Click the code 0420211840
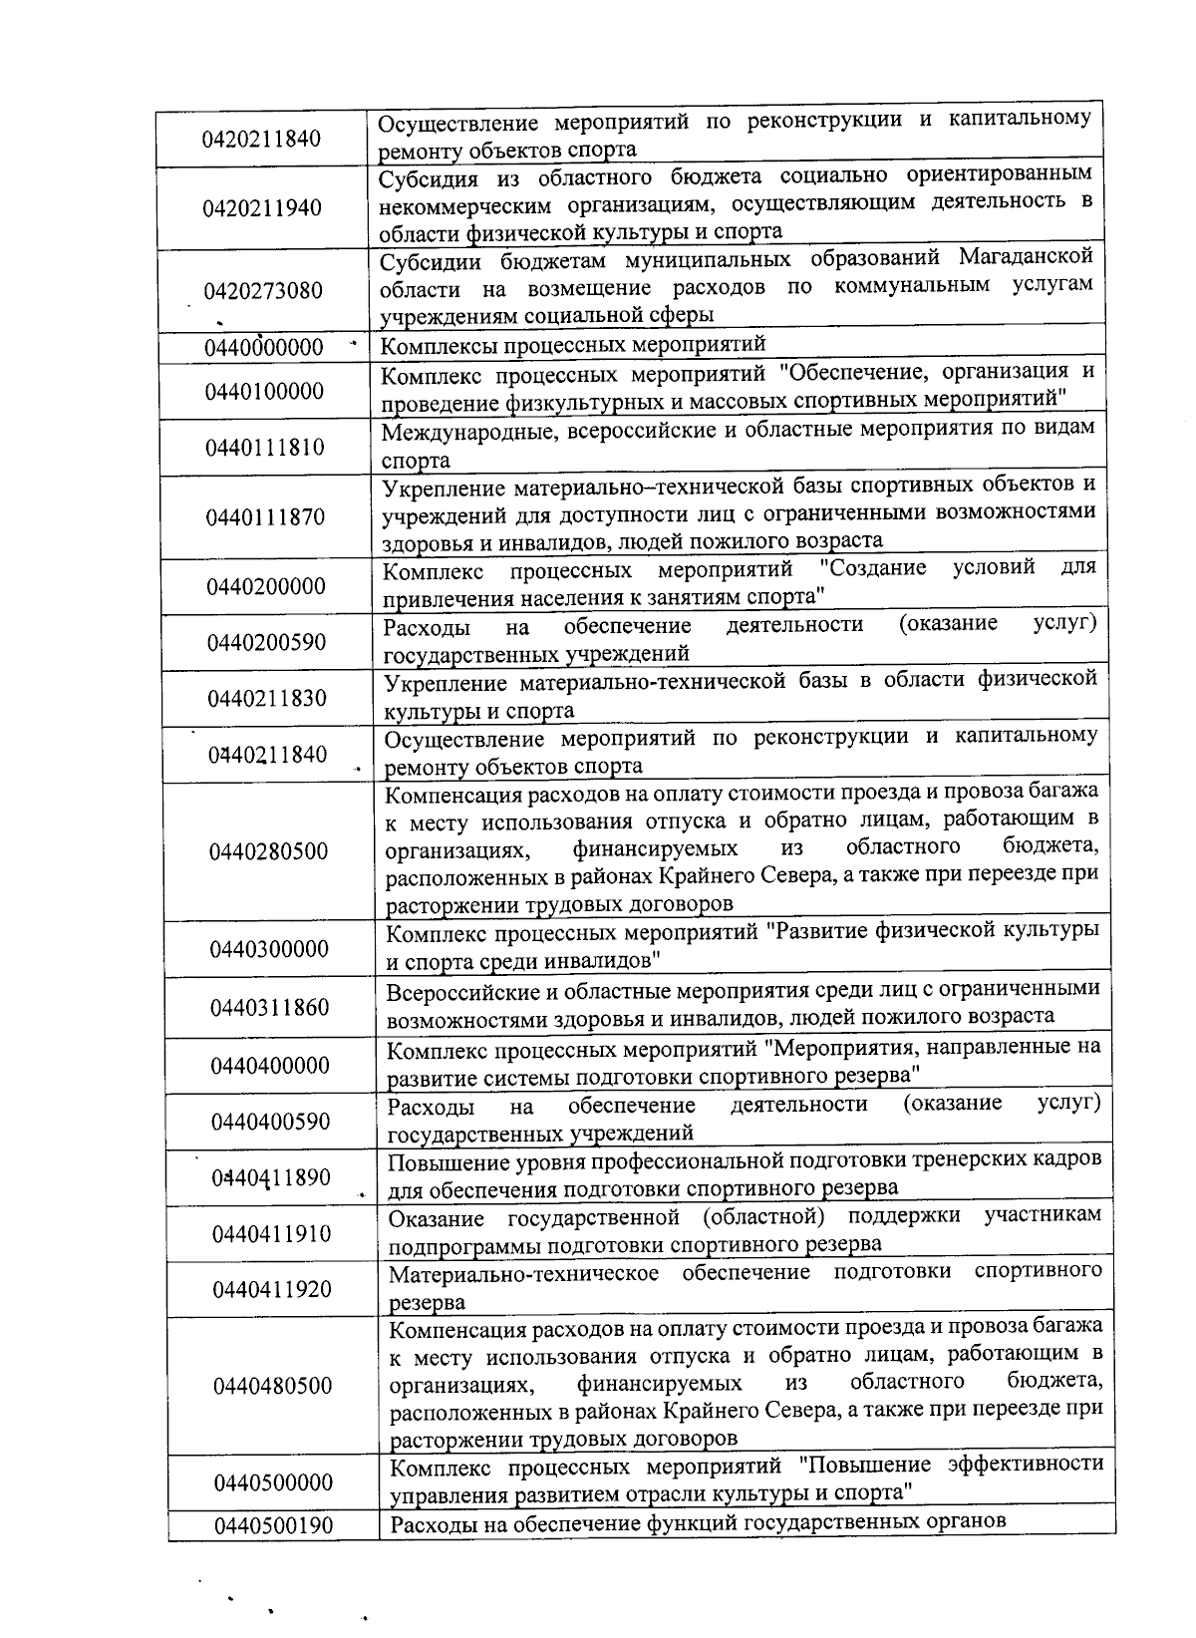tap(261, 138)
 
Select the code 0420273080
tap(263, 291)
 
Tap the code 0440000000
tap(264, 347)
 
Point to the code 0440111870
tap(265, 516)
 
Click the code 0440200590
tap(266, 642)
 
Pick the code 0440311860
tap(269, 1008)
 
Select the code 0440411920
tap(272, 1290)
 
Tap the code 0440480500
tap(272, 1386)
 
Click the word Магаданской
tap(1026, 257)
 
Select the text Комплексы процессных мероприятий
tap(574, 345)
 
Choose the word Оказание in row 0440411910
tap(436, 1217)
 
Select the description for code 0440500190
tap(698, 1523)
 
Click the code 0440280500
tap(268, 851)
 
